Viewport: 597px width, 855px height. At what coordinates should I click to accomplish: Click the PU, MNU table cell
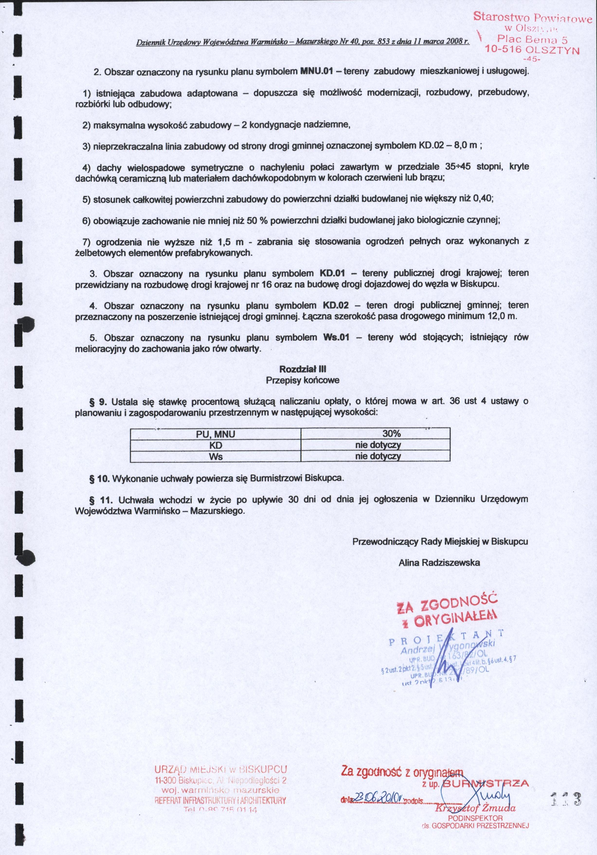(x=216, y=434)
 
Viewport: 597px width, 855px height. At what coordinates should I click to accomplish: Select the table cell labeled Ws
(x=216, y=456)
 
